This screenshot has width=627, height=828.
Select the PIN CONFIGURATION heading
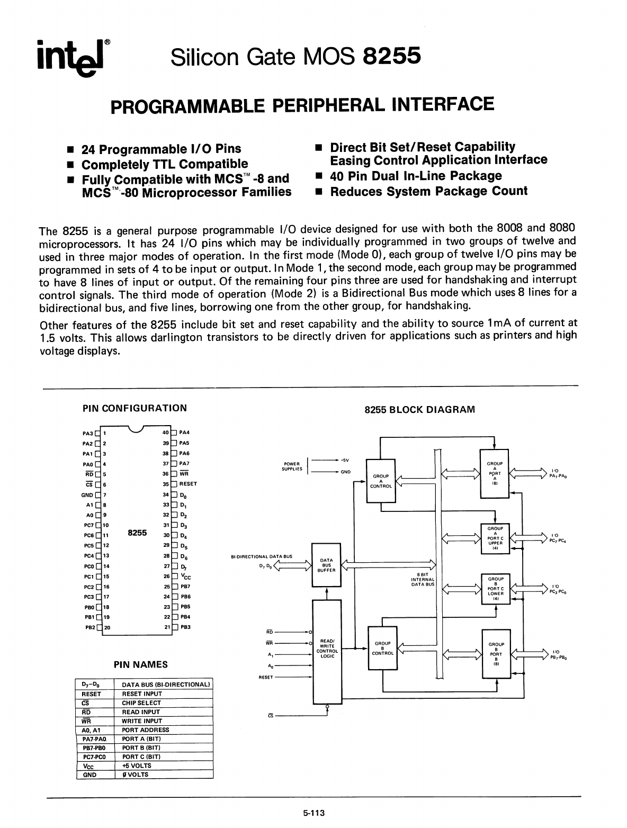(135, 408)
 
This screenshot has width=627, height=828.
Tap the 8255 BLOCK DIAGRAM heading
(420, 410)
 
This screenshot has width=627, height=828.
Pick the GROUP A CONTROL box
(381, 481)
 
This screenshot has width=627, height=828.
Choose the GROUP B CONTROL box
(382, 648)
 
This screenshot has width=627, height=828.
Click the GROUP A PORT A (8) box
(495, 473)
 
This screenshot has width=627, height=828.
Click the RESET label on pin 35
(188, 484)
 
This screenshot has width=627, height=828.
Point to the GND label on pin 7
(87, 495)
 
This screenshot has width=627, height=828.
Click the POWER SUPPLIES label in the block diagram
(293, 466)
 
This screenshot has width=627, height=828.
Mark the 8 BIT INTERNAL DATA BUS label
(423, 580)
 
